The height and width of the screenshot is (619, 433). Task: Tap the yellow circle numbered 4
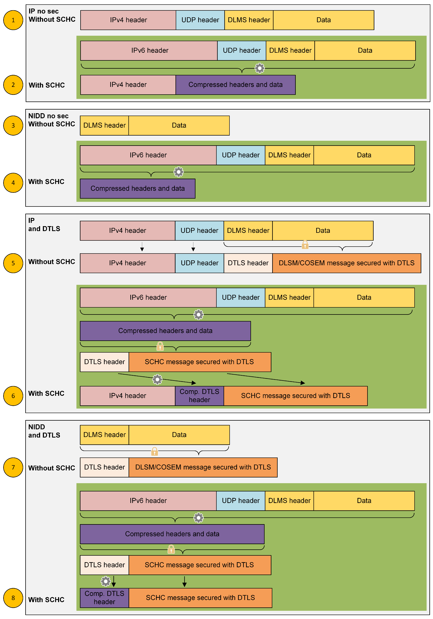[x=13, y=183]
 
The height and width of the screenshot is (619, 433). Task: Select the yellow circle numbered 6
[x=13, y=396]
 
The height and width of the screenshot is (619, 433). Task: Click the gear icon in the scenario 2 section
[x=260, y=68]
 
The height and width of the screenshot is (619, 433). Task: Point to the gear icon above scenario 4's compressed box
[x=178, y=172]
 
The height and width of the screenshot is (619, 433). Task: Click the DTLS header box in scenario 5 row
[x=248, y=263]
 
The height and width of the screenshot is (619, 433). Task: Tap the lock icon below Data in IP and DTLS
[x=305, y=245]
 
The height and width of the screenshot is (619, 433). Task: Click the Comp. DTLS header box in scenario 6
[x=199, y=396]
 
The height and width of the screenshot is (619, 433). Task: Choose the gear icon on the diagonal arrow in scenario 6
[x=157, y=379]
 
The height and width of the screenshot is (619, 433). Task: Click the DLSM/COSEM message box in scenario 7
[x=203, y=467]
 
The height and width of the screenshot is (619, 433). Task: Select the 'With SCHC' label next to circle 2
[x=47, y=85]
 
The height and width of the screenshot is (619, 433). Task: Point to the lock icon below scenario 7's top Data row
[x=154, y=451]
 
